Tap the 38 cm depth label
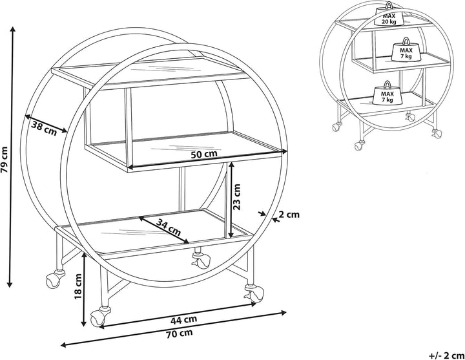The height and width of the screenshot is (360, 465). point(44,128)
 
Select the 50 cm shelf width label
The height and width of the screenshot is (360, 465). point(203,154)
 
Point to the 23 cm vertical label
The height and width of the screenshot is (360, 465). point(236,197)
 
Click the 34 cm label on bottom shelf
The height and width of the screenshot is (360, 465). point(169,227)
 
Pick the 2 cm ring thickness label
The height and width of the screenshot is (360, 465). point(290,215)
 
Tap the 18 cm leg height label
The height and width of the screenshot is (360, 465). point(78,286)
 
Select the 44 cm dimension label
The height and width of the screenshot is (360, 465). point(183,320)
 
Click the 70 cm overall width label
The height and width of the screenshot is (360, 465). point(179,334)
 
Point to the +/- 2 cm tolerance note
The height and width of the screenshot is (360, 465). point(446,355)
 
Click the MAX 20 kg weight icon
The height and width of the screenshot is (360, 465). point(389,14)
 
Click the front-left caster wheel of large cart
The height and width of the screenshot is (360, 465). point(99,317)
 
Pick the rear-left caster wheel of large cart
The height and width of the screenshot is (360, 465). point(55,279)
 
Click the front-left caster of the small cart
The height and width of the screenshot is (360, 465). point(360,145)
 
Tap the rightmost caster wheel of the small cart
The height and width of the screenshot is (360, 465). point(436,134)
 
